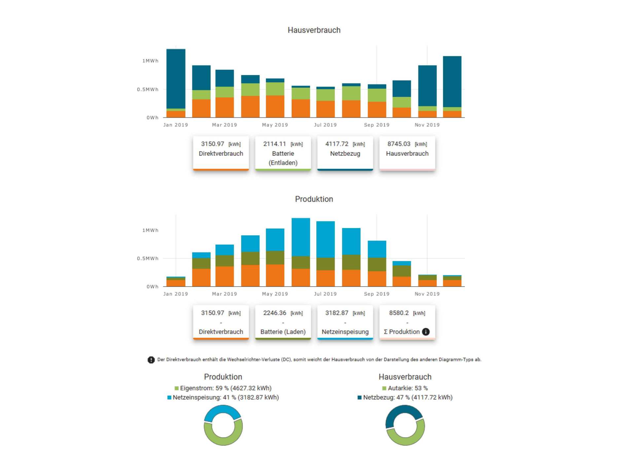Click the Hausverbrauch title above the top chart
click(314, 30)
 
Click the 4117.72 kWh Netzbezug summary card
click(345, 153)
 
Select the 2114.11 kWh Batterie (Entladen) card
click(283, 153)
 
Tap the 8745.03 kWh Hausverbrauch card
click(407, 153)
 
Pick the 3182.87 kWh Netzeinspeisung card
click(345, 322)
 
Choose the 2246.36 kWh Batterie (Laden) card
click(283, 322)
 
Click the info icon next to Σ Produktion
click(426, 332)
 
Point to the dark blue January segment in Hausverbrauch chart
click(176, 79)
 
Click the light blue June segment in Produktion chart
click(300, 237)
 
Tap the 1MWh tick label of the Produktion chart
click(150, 230)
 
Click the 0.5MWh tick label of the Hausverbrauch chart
click(148, 89)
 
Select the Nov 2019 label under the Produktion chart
click(427, 294)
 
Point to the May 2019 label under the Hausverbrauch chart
click(275, 125)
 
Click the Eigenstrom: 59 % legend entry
click(223, 388)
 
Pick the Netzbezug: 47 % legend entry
click(405, 397)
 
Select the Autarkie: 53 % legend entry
click(405, 388)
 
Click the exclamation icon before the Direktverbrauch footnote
click(151, 360)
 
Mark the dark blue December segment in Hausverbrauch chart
click(452, 82)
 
